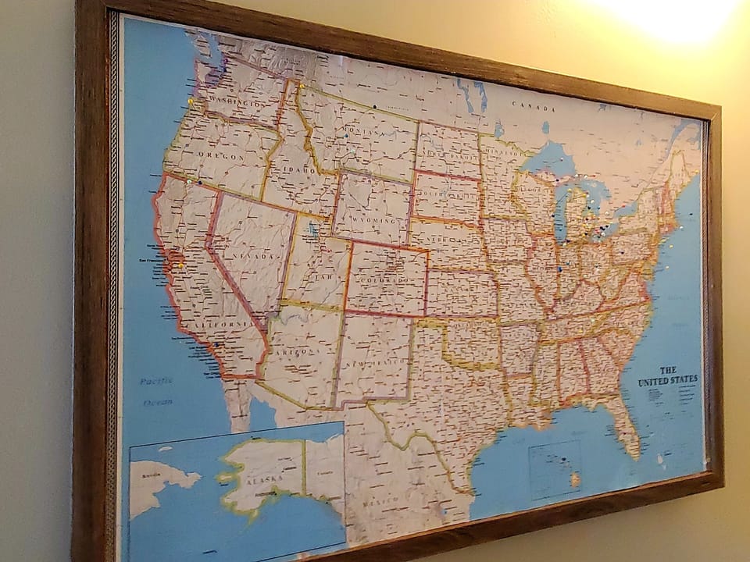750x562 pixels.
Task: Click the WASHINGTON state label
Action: (x=233, y=103)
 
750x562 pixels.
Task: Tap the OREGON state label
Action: (x=224, y=156)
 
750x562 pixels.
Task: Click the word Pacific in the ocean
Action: (x=156, y=382)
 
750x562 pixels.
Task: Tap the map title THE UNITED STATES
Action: (x=668, y=376)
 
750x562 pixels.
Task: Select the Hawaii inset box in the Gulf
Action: (x=555, y=468)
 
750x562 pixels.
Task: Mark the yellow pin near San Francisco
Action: (x=181, y=265)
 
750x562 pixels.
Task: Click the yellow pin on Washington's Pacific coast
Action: (x=191, y=101)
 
